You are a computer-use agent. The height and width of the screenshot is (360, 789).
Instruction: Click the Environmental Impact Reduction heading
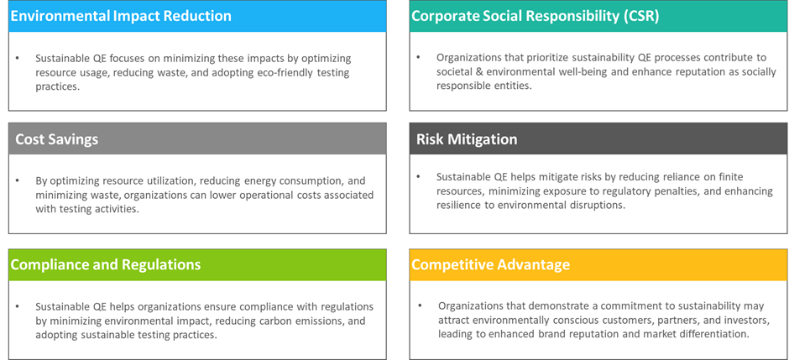pos(121,16)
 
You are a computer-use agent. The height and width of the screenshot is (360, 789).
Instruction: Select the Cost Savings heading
pos(57,139)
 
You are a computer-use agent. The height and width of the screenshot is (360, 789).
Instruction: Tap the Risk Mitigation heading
pos(467,139)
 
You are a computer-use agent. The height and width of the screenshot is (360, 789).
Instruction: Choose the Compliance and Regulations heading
pos(106,264)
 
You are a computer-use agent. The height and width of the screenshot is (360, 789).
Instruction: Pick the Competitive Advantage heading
pos(491,264)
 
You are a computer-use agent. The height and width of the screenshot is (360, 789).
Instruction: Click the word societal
pos(454,72)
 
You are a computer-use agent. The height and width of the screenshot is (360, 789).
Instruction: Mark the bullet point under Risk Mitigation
pos(419,177)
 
